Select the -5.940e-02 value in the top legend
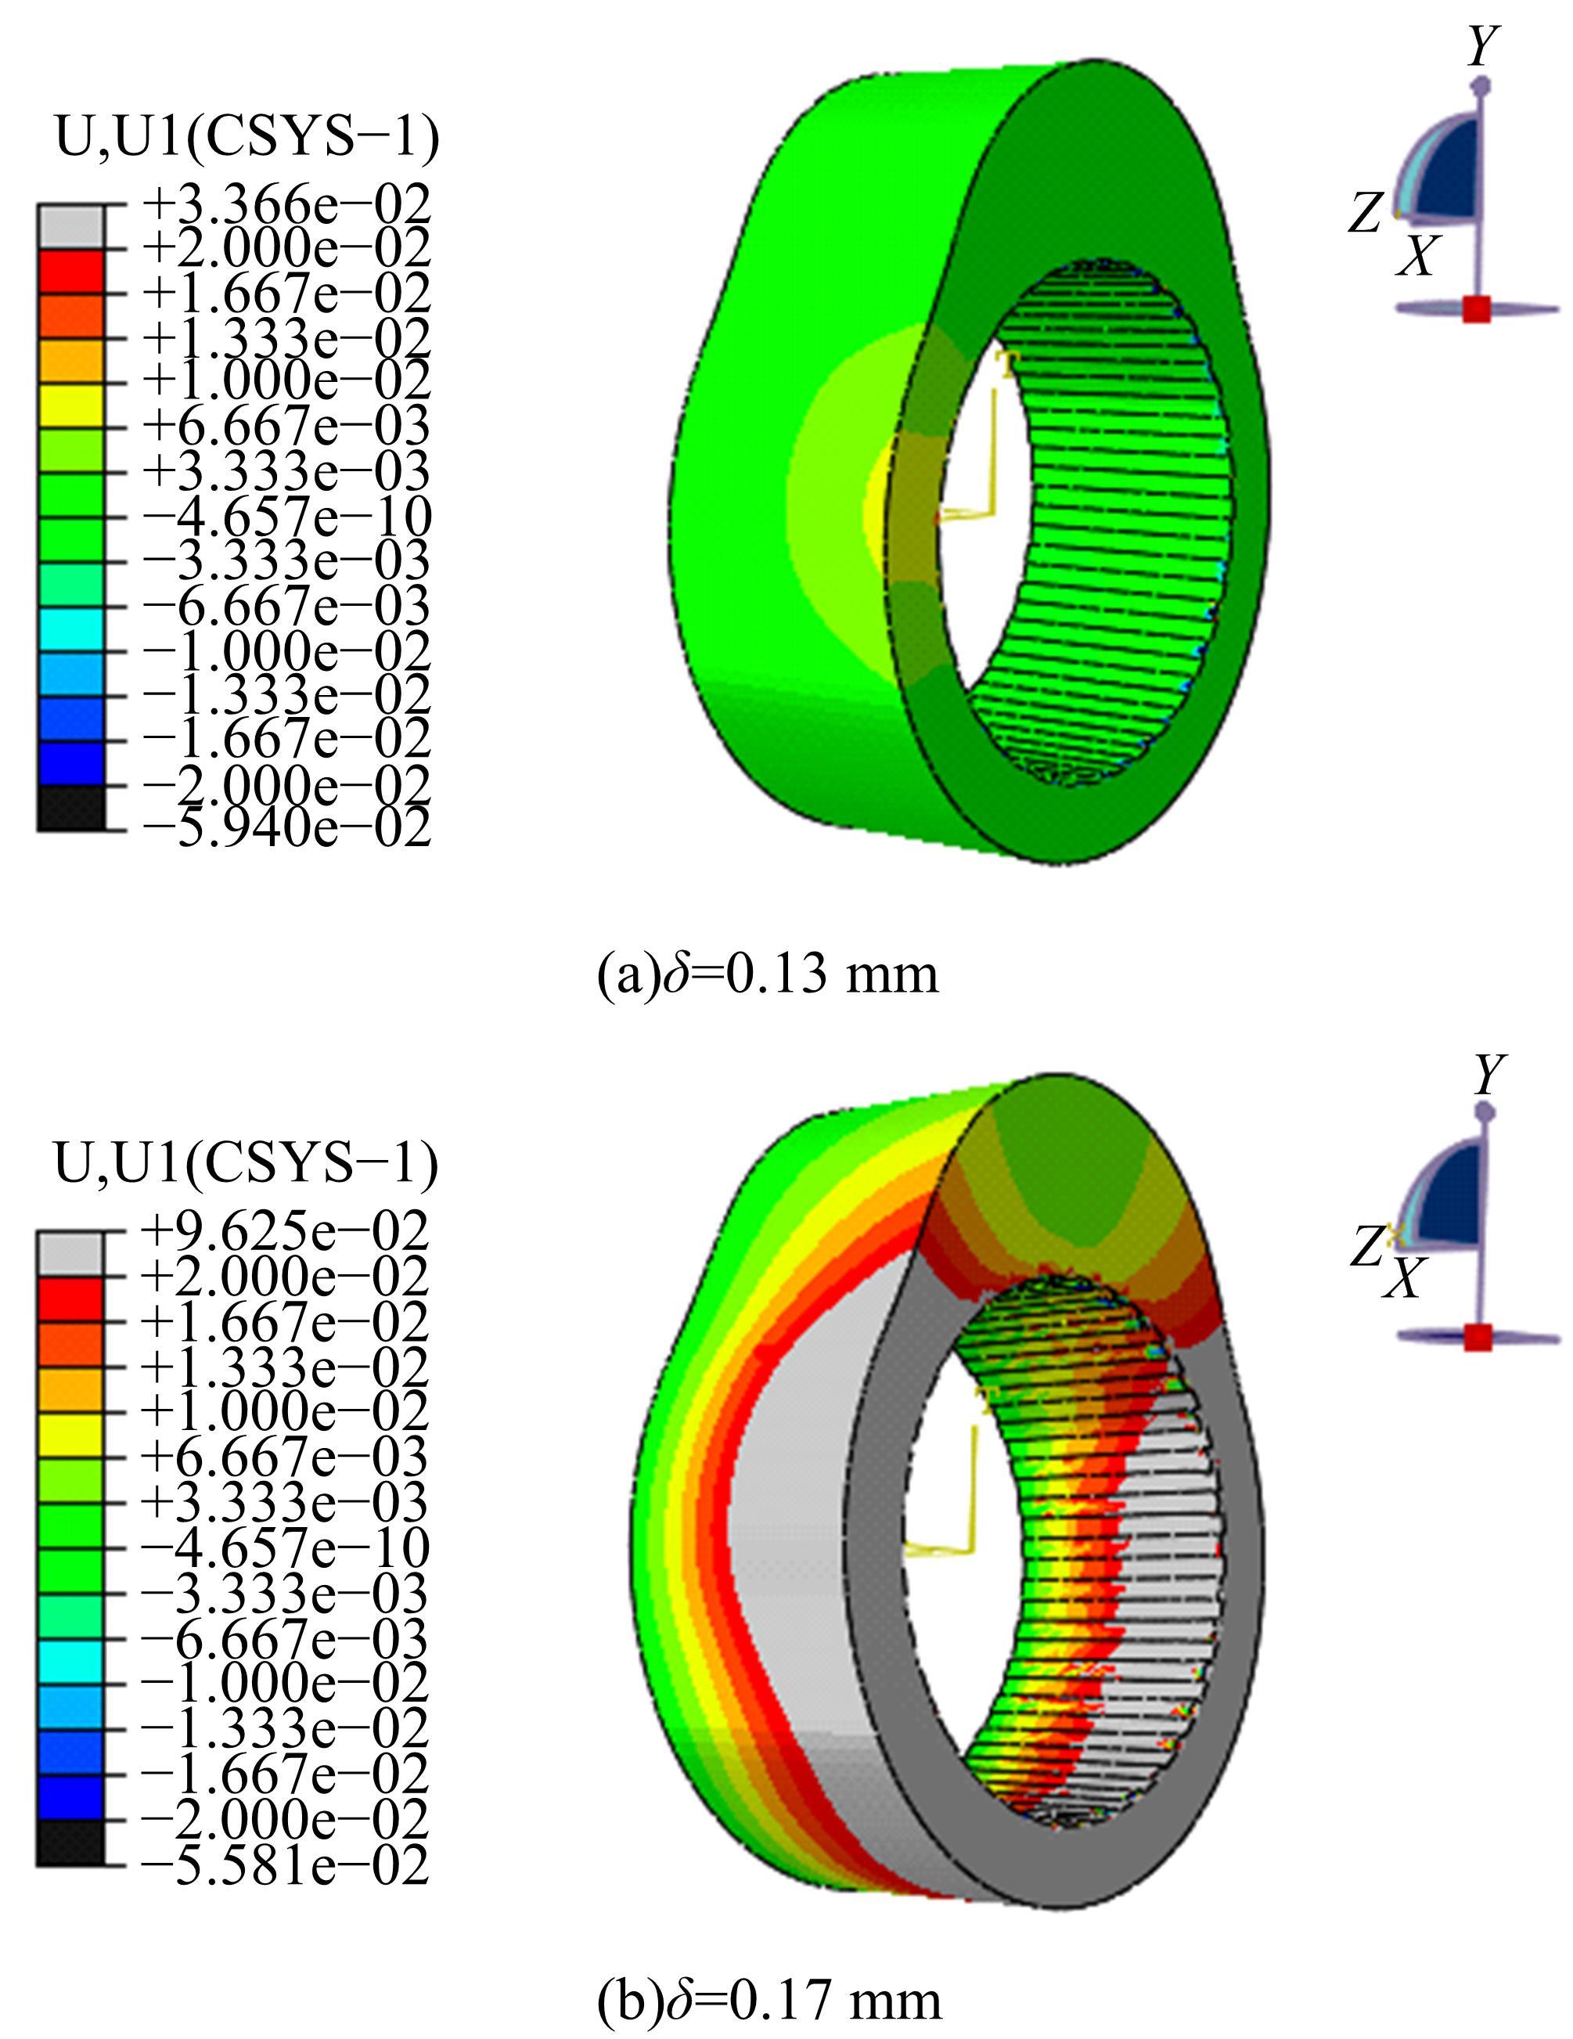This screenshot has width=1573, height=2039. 286,827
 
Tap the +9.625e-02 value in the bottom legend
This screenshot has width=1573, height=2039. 285,1230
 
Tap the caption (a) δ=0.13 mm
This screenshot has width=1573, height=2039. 768,974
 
